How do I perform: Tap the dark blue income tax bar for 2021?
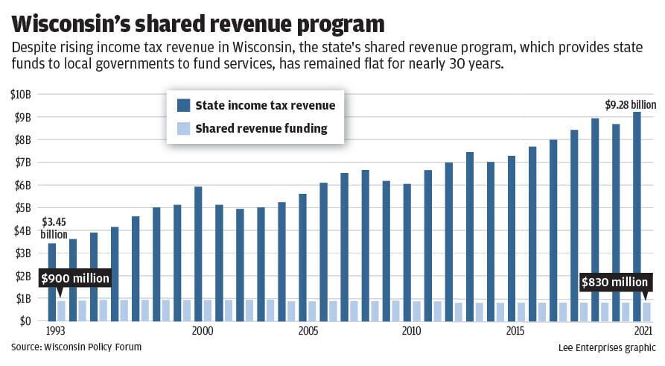637,216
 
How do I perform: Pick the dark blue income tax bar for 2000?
198,253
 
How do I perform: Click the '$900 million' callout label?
74,279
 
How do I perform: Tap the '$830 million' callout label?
615,283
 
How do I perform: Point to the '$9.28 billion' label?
630,104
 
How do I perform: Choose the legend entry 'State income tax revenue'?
264,105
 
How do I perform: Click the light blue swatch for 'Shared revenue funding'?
183,129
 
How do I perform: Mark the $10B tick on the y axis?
20,94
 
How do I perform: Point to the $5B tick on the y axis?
20,207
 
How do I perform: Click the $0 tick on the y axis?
23,321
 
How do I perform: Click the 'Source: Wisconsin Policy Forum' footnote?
76,347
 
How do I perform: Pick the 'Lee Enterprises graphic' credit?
607,347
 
